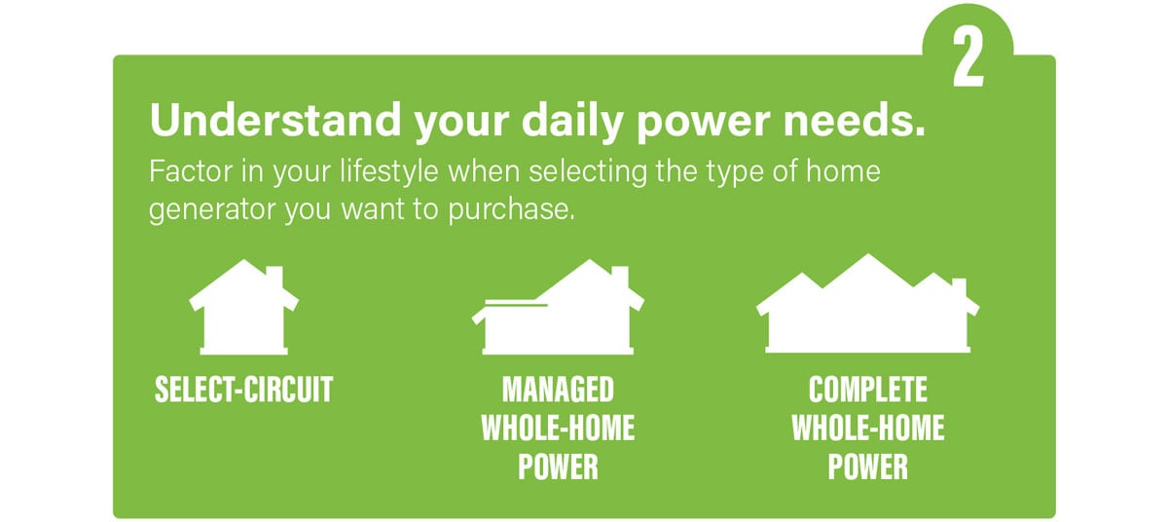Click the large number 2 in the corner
point(968,56)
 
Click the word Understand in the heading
point(275,120)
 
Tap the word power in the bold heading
point(704,125)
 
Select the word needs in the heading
point(855,120)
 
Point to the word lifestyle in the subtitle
point(389,171)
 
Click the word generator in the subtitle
point(212,210)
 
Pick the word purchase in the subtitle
point(511,210)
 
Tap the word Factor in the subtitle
point(190,170)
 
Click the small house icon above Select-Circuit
point(244,307)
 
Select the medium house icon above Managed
point(558,307)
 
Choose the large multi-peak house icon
point(867,304)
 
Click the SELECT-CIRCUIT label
point(244,390)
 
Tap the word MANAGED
point(558,390)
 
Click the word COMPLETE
point(868,390)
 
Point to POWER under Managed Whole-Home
point(558,466)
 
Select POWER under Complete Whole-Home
point(868,466)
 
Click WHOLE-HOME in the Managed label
point(558,429)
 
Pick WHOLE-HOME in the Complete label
point(868,429)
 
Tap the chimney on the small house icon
point(274,278)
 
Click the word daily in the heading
point(572,122)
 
